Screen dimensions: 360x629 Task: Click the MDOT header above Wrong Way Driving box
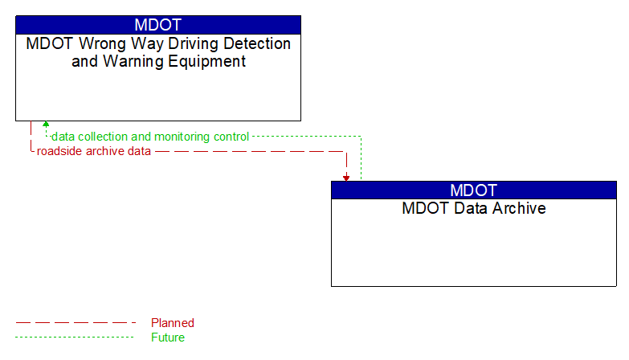158,24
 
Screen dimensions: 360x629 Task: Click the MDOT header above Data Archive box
473,190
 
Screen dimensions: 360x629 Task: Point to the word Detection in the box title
255,43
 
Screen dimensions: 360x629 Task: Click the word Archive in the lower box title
519,209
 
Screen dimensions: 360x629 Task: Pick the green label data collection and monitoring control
150,137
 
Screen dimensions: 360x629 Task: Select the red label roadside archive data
94,151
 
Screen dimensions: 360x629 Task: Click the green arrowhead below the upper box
46,125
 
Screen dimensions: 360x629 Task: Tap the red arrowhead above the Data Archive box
346,178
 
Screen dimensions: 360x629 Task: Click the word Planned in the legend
173,323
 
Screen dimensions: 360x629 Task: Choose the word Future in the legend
168,337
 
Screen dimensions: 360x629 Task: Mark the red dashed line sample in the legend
76,323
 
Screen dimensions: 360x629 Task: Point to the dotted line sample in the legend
76,337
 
